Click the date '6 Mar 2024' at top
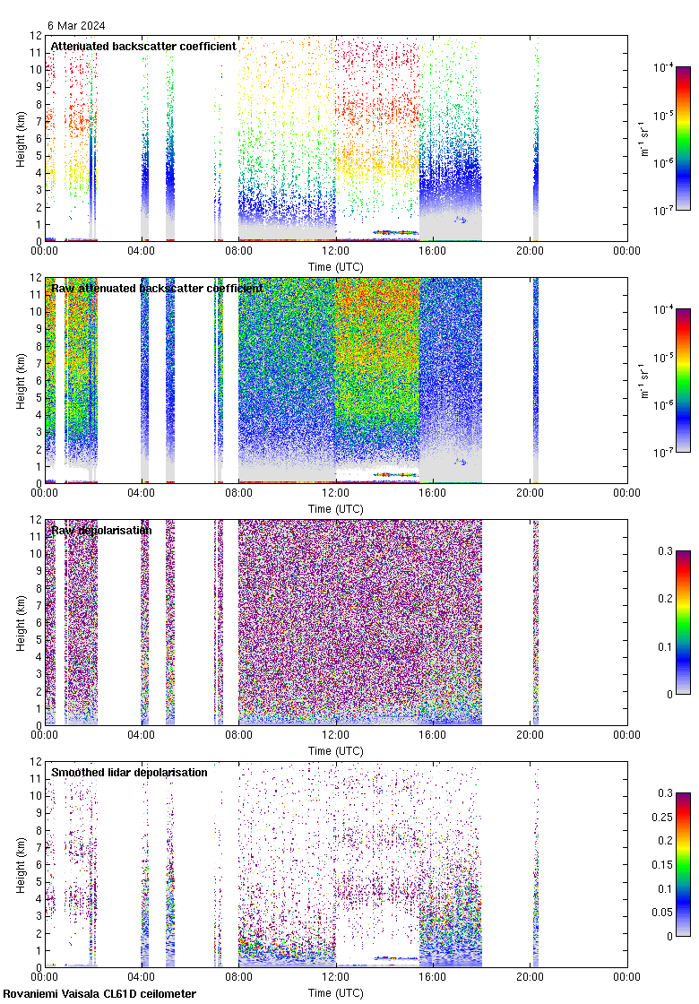tap(76, 25)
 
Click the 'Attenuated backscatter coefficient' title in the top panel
tap(143, 46)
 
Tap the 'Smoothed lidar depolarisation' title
tap(129, 772)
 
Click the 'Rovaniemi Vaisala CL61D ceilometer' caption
tap(99, 993)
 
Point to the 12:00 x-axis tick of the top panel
tap(336, 252)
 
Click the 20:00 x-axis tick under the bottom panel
tap(530, 978)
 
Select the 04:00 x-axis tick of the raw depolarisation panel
tap(142, 736)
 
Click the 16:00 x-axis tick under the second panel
tap(433, 494)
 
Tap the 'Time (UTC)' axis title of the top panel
tap(336, 266)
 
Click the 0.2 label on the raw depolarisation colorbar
tap(664, 598)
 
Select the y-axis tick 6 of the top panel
tap(36, 138)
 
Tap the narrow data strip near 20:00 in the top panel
tap(535, 179)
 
